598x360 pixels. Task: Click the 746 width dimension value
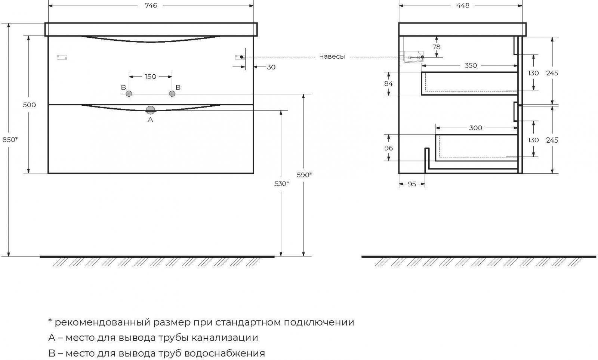(x=151, y=6)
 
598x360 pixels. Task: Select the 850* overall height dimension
(x=10, y=139)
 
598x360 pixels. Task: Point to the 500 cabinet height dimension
(x=30, y=105)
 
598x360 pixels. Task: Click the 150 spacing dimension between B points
(x=150, y=77)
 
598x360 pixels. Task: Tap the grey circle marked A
(x=150, y=110)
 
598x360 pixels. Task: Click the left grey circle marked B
(x=129, y=94)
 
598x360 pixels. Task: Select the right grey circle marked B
(x=172, y=94)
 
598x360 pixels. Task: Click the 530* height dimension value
(x=282, y=183)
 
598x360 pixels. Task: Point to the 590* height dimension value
(x=304, y=174)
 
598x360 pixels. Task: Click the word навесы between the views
(x=332, y=57)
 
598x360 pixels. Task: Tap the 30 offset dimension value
(x=271, y=67)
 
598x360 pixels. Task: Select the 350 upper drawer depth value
(x=471, y=65)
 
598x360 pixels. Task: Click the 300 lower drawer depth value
(x=475, y=128)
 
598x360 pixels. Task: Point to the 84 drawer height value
(x=388, y=84)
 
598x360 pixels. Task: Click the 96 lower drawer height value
(x=388, y=148)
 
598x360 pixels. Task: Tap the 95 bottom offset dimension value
(x=411, y=184)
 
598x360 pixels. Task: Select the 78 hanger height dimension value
(x=436, y=47)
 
